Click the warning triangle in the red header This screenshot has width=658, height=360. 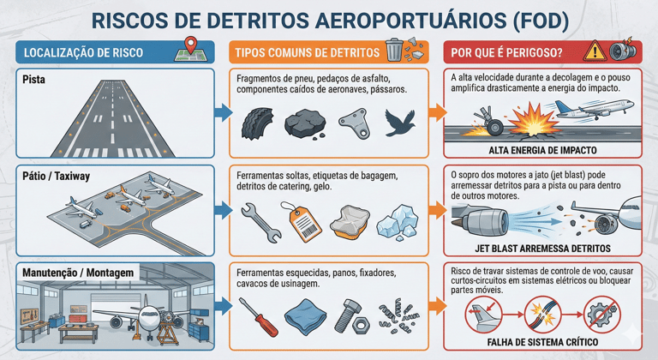(x=594, y=51)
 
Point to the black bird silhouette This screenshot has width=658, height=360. (x=401, y=123)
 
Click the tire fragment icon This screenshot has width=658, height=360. (x=254, y=122)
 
